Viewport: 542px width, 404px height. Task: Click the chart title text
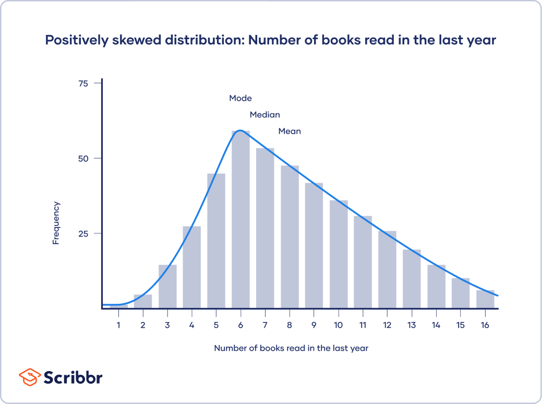click(x=271, y=40)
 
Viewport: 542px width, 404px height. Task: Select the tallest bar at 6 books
click(x=240, y=219)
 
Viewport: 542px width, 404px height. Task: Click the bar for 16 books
click(x=485, y=299)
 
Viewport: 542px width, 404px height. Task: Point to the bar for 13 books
click(x=412, y=279)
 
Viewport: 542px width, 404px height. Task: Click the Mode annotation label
click(x=240, y=98)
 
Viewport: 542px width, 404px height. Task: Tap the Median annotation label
click(x=264, y=115)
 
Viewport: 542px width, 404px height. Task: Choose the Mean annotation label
click(x=290, y=132)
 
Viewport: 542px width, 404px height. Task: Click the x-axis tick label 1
click(x=118, y=325)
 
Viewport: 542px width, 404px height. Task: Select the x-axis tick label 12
click(x=387, y=325)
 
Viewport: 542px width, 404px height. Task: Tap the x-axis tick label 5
click(x=216, y=325)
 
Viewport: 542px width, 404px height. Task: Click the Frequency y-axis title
click(x=56, y=223)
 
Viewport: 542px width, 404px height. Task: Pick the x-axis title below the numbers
click(x=291, y=348)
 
